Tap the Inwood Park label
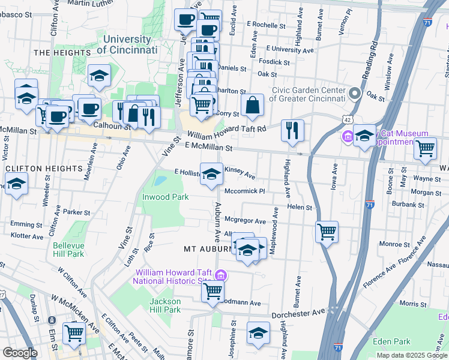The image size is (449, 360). (165, 197)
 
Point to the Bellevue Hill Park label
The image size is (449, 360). (68, 250)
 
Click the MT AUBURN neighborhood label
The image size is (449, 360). (207, 248)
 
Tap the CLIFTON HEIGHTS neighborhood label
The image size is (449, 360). (43, 169)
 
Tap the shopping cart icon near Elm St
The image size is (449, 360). (74, 332)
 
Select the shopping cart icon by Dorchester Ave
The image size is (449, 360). (213, 292)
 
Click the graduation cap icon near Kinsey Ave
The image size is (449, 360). (211, 174)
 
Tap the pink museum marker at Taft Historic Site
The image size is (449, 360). (221, 275)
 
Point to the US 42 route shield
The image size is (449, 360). (348, 120)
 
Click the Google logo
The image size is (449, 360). (20, 353)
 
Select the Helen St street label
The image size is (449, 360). (300, 208)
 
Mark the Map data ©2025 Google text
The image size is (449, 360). (411, 355)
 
